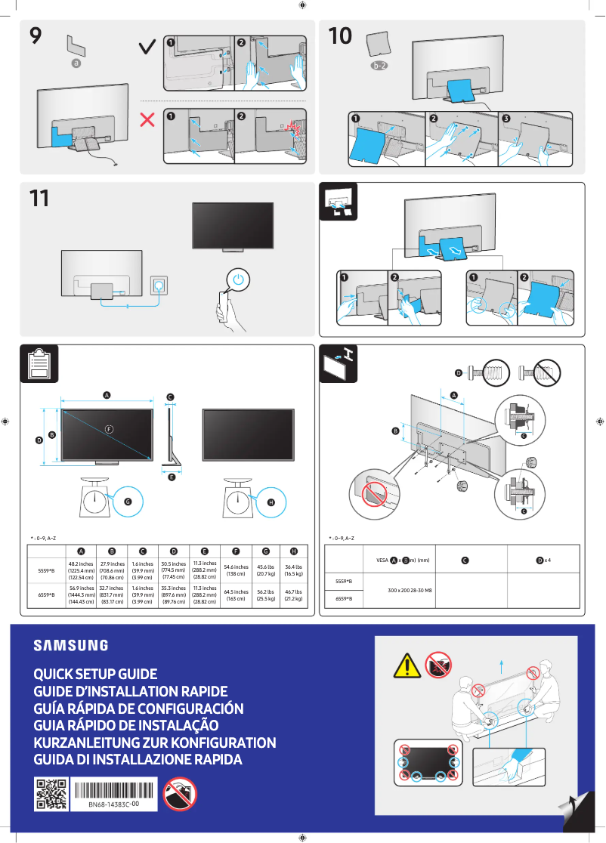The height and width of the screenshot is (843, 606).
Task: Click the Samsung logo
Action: click(70, 645)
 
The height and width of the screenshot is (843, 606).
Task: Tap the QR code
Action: click(51, 794)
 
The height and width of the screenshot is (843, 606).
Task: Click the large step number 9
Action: click(36, 36)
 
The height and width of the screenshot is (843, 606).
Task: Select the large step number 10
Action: click(340, 36)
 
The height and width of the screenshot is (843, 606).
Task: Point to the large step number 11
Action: click(39, 199)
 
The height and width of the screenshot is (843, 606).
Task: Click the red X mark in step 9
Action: click(148, 119)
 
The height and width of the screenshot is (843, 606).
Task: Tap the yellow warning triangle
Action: click(407, 666)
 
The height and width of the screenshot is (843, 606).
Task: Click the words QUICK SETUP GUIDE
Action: click(95, 673)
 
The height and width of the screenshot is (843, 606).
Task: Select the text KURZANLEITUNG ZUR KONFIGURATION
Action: click(154, 743)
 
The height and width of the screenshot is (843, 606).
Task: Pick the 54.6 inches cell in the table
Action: click(236, 570)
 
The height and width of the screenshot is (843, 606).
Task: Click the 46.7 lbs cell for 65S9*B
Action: click(294, 596)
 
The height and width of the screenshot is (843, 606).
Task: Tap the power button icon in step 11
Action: click(239, 279)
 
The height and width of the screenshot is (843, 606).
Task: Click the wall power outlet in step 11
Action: click(159, 286)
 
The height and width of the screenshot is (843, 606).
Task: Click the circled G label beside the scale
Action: click(128, 501)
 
